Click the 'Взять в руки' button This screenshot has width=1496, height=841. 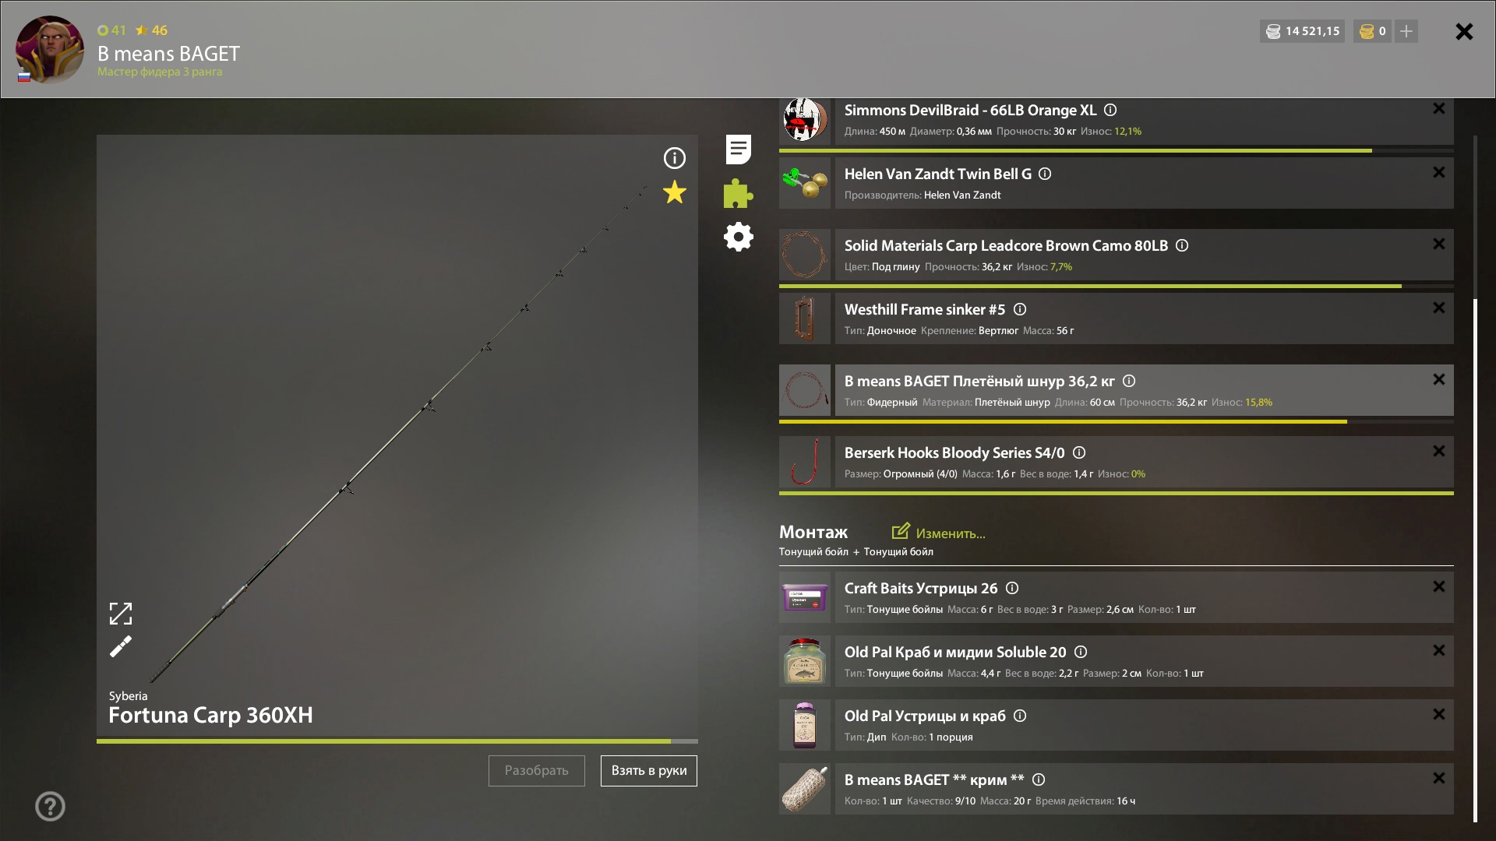(x=648, y=771)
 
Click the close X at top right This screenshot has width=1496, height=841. (x=1464, y=31)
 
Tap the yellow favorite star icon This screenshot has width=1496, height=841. (x=675, y=192)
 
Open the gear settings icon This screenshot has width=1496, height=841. (x=739, y=237)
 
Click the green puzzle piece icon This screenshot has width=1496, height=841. (x=738, y=193)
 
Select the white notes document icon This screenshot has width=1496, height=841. (x=739, y=150)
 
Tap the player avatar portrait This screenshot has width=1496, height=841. (x=50, y=49)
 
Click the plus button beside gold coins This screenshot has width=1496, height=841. (x=1406, y=31)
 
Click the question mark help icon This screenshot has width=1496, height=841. (x=50, y=806)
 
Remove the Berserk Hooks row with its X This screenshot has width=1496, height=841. (x=1439, y=451)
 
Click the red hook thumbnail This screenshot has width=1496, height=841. (x=805, y=462)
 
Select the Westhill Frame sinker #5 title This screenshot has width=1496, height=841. (x=925, y=310)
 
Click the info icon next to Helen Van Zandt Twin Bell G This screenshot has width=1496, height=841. (x=1046, y=174)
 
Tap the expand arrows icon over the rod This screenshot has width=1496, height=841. (x=121, y=614)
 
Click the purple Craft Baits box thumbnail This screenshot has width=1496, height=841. (x=805, y=597)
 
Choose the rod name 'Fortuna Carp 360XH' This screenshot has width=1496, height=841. (x=210, y=715)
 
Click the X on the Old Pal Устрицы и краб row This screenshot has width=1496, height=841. (x=1439, y=714)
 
